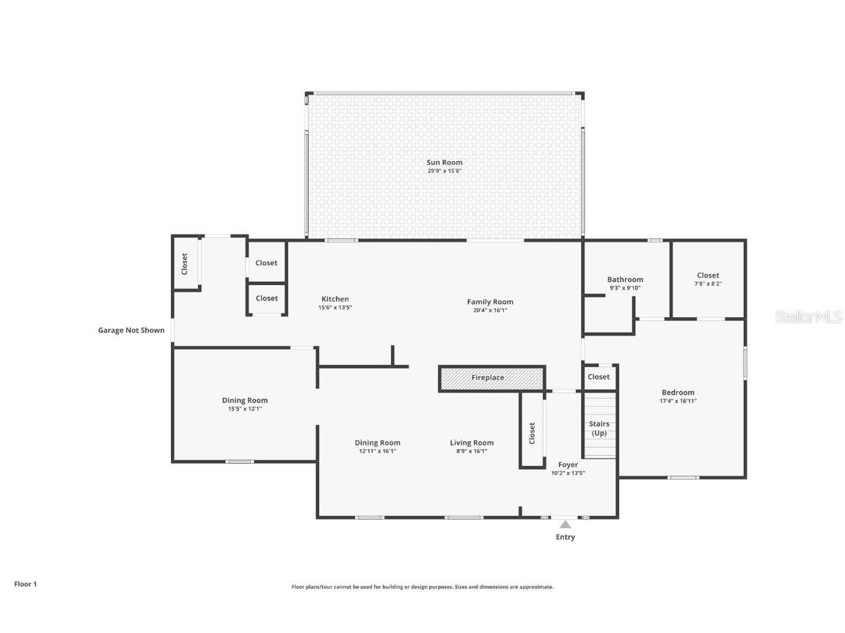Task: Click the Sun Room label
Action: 445,163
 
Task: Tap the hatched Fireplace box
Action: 491,378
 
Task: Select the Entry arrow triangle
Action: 565,524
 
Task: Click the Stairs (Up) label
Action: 599,429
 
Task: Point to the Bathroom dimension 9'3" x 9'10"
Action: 625,288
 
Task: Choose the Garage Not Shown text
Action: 131,330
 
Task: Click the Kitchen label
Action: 335,299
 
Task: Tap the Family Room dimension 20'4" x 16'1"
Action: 490,310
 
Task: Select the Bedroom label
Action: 678,393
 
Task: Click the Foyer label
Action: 568,464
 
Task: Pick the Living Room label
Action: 472,443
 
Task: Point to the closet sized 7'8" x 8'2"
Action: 708,279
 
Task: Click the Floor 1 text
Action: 25,584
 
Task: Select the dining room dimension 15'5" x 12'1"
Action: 244,409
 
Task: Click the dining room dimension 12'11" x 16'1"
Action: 377,451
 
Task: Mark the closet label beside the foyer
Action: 533,433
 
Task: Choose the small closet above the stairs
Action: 599,377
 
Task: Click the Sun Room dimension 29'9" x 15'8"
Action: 445,171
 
